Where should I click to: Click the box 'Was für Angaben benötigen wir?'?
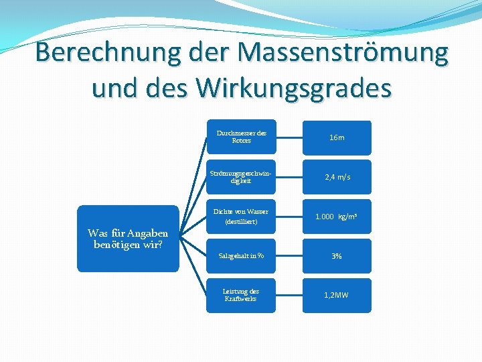[128, 238]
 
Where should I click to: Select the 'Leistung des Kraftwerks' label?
[241, 295]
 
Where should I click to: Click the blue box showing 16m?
[337, 137]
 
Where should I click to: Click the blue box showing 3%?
[337, 256]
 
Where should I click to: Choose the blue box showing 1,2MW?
[337, 295]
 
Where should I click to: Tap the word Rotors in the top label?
[241, 141]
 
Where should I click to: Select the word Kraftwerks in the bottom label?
[241, 299]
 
